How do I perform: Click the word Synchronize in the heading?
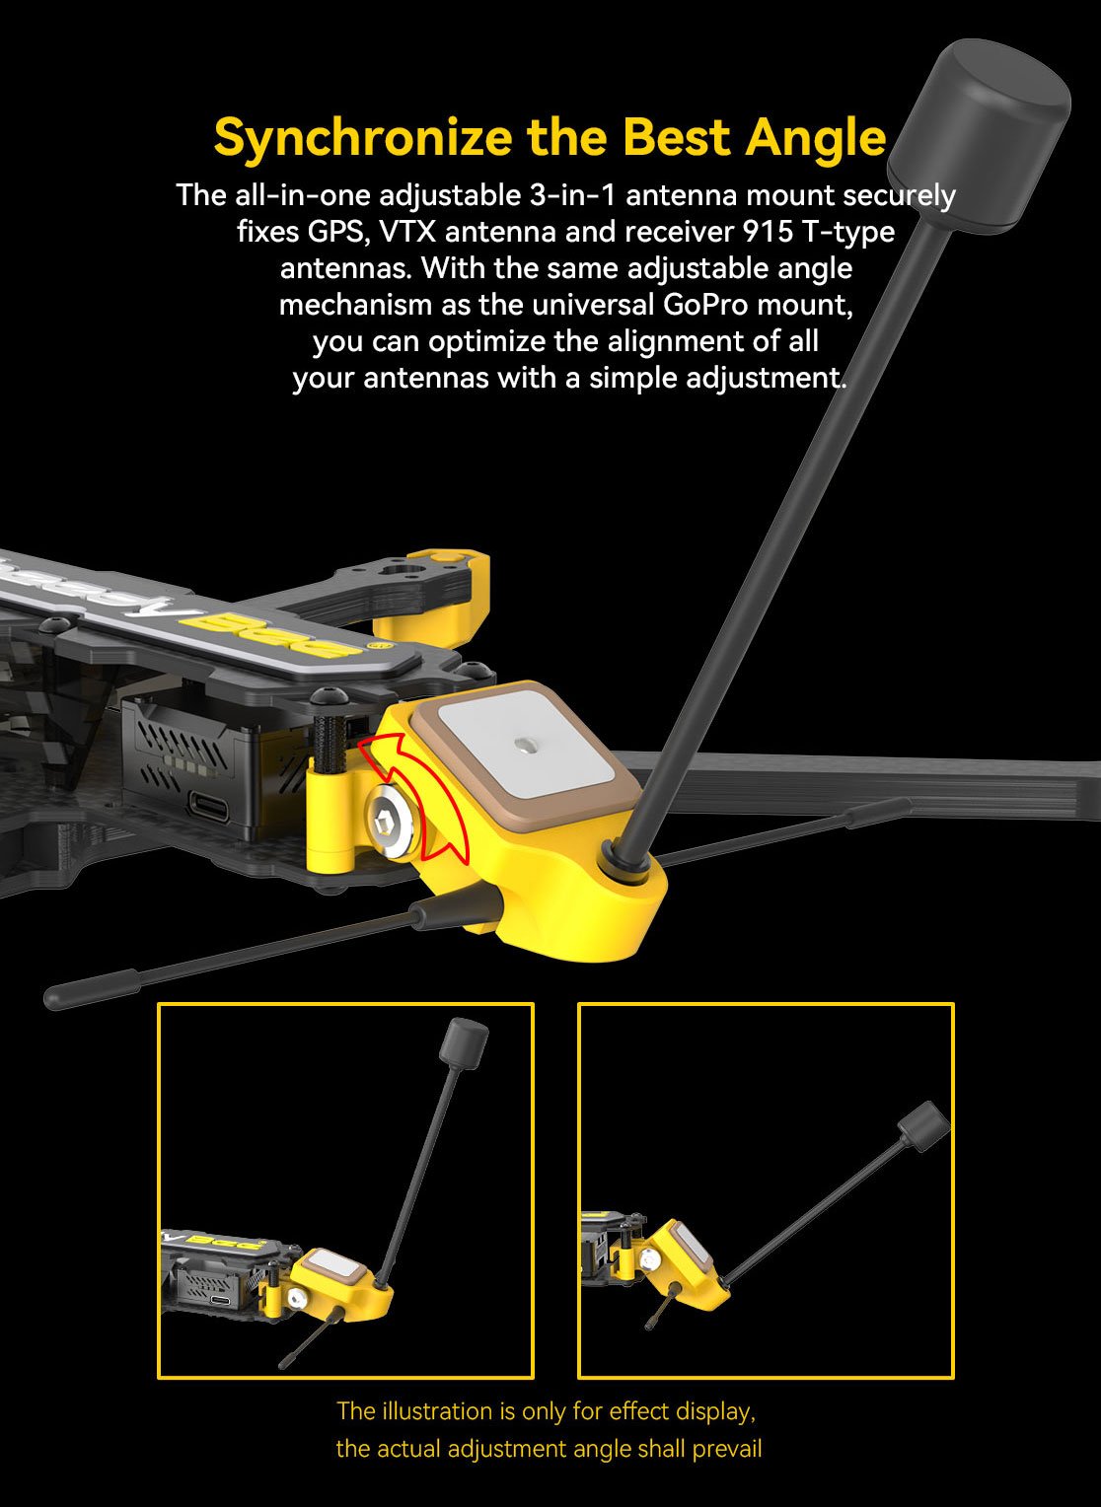click(362, 137)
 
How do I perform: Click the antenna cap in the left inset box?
click(464, 1043)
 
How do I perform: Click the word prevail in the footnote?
click(727, 1449)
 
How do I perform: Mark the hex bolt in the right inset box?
click(650, 1260)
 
